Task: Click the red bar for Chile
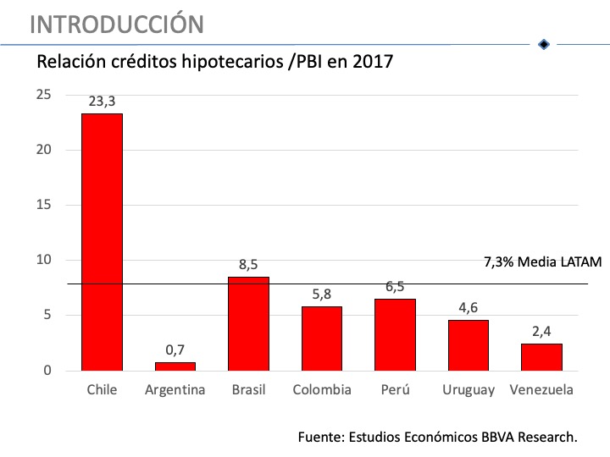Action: [102, 241]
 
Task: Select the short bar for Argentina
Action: [175, 366]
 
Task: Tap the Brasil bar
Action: [248, 323]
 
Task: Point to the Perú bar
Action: [395, 334]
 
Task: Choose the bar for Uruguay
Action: [469, 345]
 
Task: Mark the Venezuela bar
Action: [541, 357]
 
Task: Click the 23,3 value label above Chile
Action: [102, 102]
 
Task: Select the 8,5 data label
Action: [248, 265]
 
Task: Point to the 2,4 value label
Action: [541, 332]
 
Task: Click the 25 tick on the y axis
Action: [43, 94]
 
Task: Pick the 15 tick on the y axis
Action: [43, 205]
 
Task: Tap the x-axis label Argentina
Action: [175, 390]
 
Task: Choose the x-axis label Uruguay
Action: [469, 390]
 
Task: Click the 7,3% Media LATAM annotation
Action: [542, 262]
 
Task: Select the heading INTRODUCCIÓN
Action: [116, 24]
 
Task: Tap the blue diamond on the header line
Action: [544, 44]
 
